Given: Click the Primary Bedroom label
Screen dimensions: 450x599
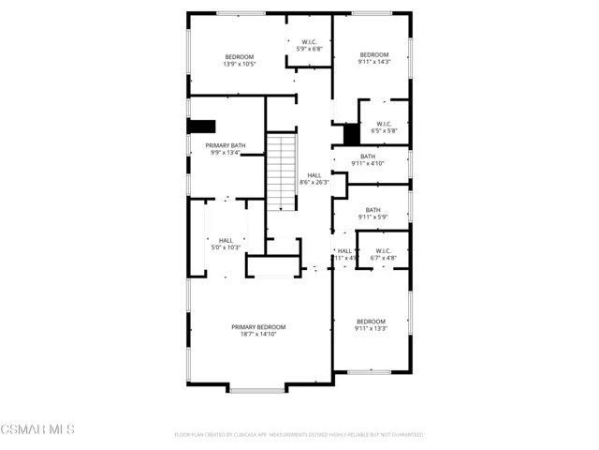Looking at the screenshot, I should click(258, 326).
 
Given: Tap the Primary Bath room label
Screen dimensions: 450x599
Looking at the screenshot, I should click(226, 145).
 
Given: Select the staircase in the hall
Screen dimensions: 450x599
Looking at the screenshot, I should click(282, 172).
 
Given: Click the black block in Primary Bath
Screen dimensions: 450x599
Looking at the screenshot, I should click(202, 127).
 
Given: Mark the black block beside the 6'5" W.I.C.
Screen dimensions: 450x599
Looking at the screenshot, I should click(351, 133).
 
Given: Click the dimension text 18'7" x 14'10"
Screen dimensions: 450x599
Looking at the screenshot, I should click(258, 333).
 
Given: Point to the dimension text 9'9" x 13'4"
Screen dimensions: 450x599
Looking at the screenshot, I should click(226, 153).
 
